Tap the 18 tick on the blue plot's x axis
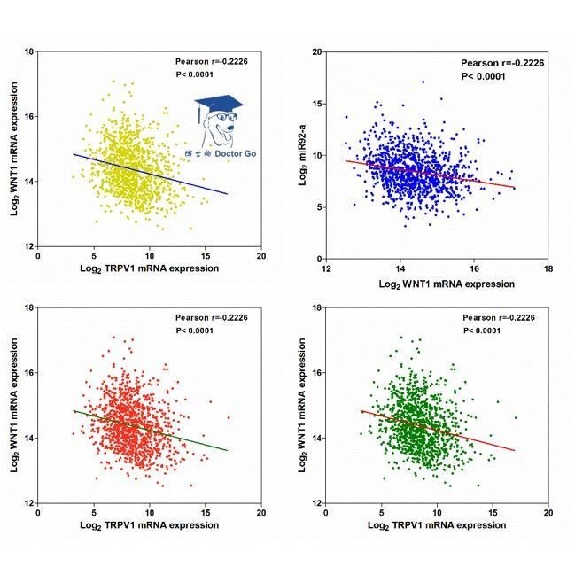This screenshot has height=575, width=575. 548,268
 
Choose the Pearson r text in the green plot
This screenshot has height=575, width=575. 501,317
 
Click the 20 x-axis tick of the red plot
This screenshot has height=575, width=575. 260,513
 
